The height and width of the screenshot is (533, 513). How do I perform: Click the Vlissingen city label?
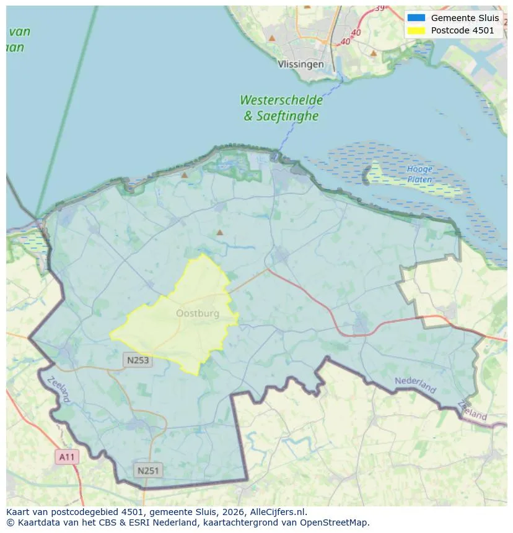tap(300, 64)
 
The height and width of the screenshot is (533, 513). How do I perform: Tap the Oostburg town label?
tap(198, 313)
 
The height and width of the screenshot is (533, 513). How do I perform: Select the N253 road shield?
tap(137, 360)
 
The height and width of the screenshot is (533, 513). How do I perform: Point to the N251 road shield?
tap(148, 470)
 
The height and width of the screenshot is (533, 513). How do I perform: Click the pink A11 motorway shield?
tap(66, 457)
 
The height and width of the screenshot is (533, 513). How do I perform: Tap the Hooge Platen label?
tap(419, 174)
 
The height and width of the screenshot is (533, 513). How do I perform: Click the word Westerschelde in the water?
tap(281, 100)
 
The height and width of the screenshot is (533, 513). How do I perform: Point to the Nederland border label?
tap(415, 385)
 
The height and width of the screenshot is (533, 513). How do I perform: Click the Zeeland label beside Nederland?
tap(473, 410)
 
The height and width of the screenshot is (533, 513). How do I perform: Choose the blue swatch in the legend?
tap(416, 18)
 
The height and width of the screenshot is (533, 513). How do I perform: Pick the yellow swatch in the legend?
tap(416, 30)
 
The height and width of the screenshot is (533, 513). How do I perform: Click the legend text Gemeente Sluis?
tap(465, 18)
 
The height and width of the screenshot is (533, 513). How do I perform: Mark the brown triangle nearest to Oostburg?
tap(219, 233)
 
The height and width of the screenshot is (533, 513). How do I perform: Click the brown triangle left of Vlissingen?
tap(271, 38)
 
